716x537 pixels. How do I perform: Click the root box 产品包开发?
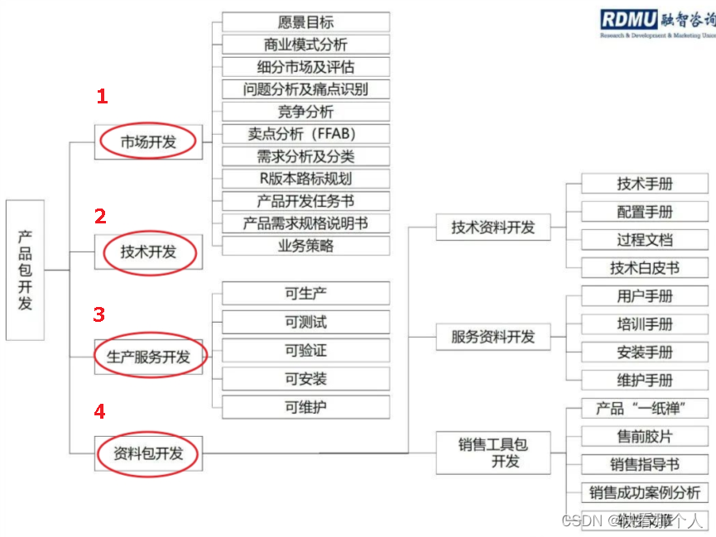[25, 270]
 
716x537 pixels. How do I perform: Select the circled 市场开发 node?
[149, 142]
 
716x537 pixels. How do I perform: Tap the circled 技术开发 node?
[149, 252]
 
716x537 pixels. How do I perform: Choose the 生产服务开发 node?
[149, 357]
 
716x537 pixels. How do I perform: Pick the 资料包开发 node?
[149, 453]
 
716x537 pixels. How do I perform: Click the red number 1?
[102, 97]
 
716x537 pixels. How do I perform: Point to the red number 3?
[99, 314]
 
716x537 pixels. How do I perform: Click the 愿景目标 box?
[305, 22]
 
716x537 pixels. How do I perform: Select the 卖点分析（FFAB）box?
[305, 134]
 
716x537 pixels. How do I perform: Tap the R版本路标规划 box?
[305, 179]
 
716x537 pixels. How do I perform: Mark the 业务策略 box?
[305, 246]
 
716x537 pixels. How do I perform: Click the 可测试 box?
[305, 322]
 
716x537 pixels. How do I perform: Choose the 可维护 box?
[305, 407]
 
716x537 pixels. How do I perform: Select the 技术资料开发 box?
[493, 227]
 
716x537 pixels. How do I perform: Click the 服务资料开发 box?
[493, 337]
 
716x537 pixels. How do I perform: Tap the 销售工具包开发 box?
[493, 453]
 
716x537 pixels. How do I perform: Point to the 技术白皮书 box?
[644, 267]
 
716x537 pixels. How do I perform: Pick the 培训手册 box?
[644, 324]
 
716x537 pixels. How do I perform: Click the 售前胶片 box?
[644, 436]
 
